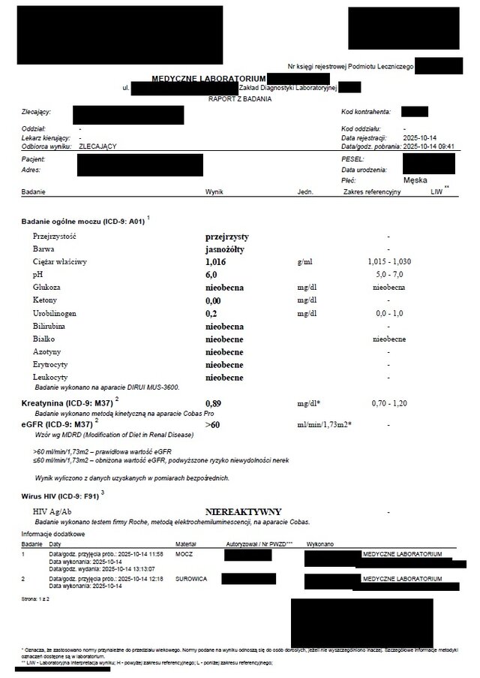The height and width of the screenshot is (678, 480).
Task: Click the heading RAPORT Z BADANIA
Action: tap(240, 98)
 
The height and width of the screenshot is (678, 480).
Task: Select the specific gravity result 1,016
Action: tap(214, 262)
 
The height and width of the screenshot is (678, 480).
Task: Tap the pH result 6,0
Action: tap(211, 275)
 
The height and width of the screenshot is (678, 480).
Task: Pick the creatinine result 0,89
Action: tap(213, 403)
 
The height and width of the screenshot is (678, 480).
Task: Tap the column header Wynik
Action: tap(214, 192)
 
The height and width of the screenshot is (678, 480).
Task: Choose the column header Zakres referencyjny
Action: tap(371, 192)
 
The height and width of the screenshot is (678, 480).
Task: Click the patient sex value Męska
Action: tap(415, 181)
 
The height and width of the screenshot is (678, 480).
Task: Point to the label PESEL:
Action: tap(352, 160)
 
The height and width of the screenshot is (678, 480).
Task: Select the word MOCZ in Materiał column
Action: tap(184, 554)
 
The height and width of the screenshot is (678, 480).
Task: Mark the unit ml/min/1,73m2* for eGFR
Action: tap(324, 424)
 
